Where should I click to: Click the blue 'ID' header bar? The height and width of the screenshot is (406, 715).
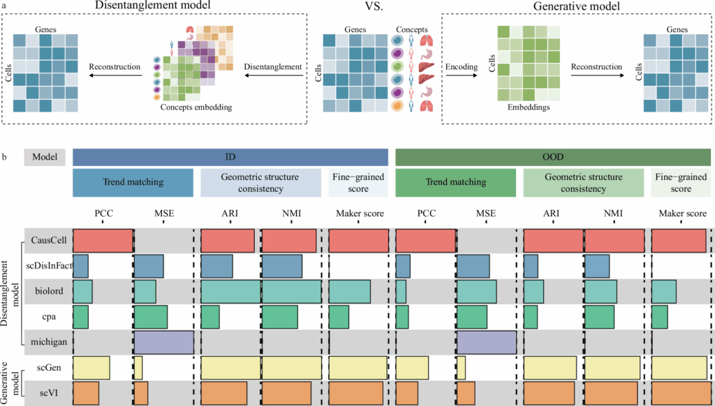[230, 156]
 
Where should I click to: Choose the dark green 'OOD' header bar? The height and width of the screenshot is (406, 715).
[554, 156]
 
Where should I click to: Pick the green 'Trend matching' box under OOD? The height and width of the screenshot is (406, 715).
[455, 183]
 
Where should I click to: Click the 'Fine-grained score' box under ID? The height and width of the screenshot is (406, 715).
[358, 183]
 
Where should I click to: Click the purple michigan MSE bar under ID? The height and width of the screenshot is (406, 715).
[163, 342]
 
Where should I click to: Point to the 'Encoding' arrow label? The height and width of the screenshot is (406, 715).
[463, 67]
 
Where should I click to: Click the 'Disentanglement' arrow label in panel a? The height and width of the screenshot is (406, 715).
[272, 67]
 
